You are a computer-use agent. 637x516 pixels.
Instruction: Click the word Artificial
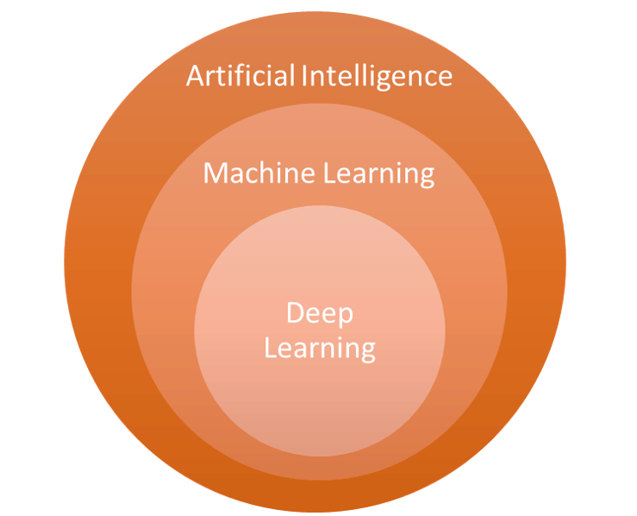[x=240, y=76]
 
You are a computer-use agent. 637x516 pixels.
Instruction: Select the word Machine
[x=259, y=173]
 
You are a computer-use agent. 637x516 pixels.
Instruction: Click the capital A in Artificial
[x=196, y=76]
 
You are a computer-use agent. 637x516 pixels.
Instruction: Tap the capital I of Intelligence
[x=306, y=76]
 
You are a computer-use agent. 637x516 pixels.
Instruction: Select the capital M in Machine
[x=215, y=173]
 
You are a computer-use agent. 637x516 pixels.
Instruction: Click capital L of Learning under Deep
[x=270, y=348]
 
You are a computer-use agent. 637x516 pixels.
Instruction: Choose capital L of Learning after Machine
[x=330, y=173]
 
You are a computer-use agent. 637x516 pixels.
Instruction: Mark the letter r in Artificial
[x=211, y=78]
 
